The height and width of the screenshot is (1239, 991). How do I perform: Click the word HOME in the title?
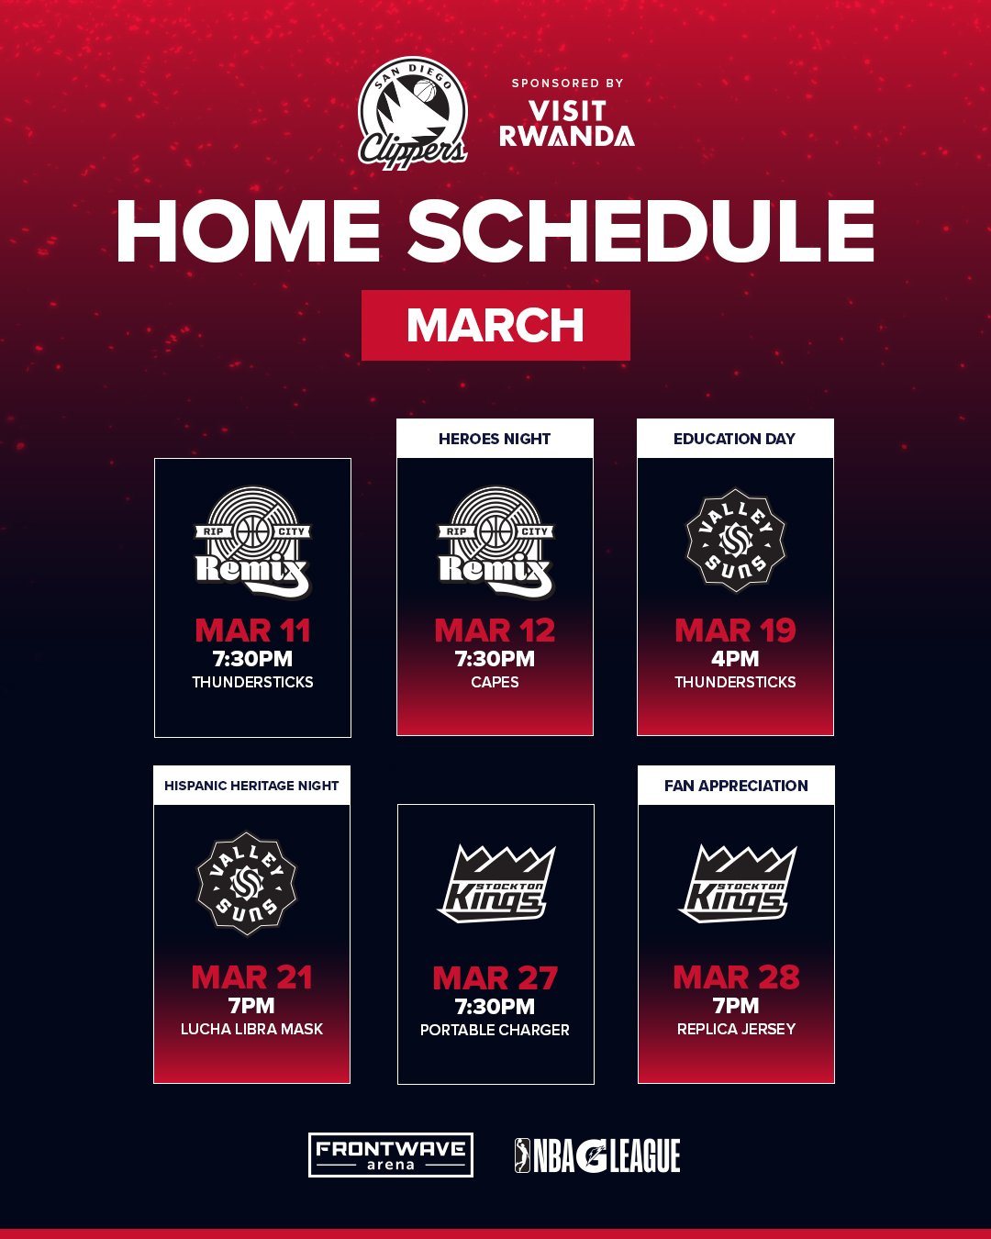point(248,232)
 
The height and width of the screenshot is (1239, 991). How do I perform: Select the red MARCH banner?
point(495,325)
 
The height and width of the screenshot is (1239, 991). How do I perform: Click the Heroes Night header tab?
point(495,439)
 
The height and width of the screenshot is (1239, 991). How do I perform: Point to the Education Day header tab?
point(735,439)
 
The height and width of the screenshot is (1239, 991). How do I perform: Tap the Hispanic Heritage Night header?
point(251,786)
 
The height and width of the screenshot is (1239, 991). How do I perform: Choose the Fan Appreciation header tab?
point(736,786)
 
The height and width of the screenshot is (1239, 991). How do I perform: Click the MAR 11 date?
point(252,631)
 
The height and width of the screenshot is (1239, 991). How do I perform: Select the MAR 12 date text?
point(495,631)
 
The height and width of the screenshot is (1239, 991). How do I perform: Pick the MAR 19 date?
point(735,631)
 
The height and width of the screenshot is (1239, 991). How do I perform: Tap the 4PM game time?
point(735,659)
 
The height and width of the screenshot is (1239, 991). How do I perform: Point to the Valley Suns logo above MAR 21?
point(248,884)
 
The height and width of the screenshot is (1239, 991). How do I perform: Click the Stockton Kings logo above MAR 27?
point(495,884)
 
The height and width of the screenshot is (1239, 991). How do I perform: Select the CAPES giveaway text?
point(495,682)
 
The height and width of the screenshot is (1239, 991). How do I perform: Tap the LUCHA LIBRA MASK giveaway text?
point(251,1029)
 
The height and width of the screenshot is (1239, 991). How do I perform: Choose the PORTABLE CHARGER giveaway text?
point(495,1030)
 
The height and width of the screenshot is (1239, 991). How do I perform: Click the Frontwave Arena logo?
point(391,1155)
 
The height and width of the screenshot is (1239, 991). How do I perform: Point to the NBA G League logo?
point(597,1155)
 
